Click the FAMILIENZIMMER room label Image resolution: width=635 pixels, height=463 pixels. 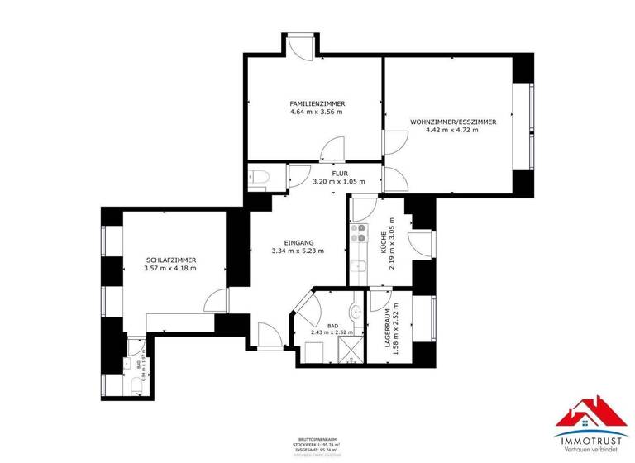[317, 103]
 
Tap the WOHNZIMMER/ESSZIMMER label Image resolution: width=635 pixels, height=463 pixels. [452, 122]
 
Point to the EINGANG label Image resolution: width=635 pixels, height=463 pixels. [298, 241]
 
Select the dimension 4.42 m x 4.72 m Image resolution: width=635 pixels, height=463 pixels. [452, 130]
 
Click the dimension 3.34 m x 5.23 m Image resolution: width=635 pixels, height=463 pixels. [298, 250]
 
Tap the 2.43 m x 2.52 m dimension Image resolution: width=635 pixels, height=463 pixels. [332, 333]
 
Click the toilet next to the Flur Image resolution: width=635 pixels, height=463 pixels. [258, 178]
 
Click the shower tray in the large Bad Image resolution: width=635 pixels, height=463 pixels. [351, 351]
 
